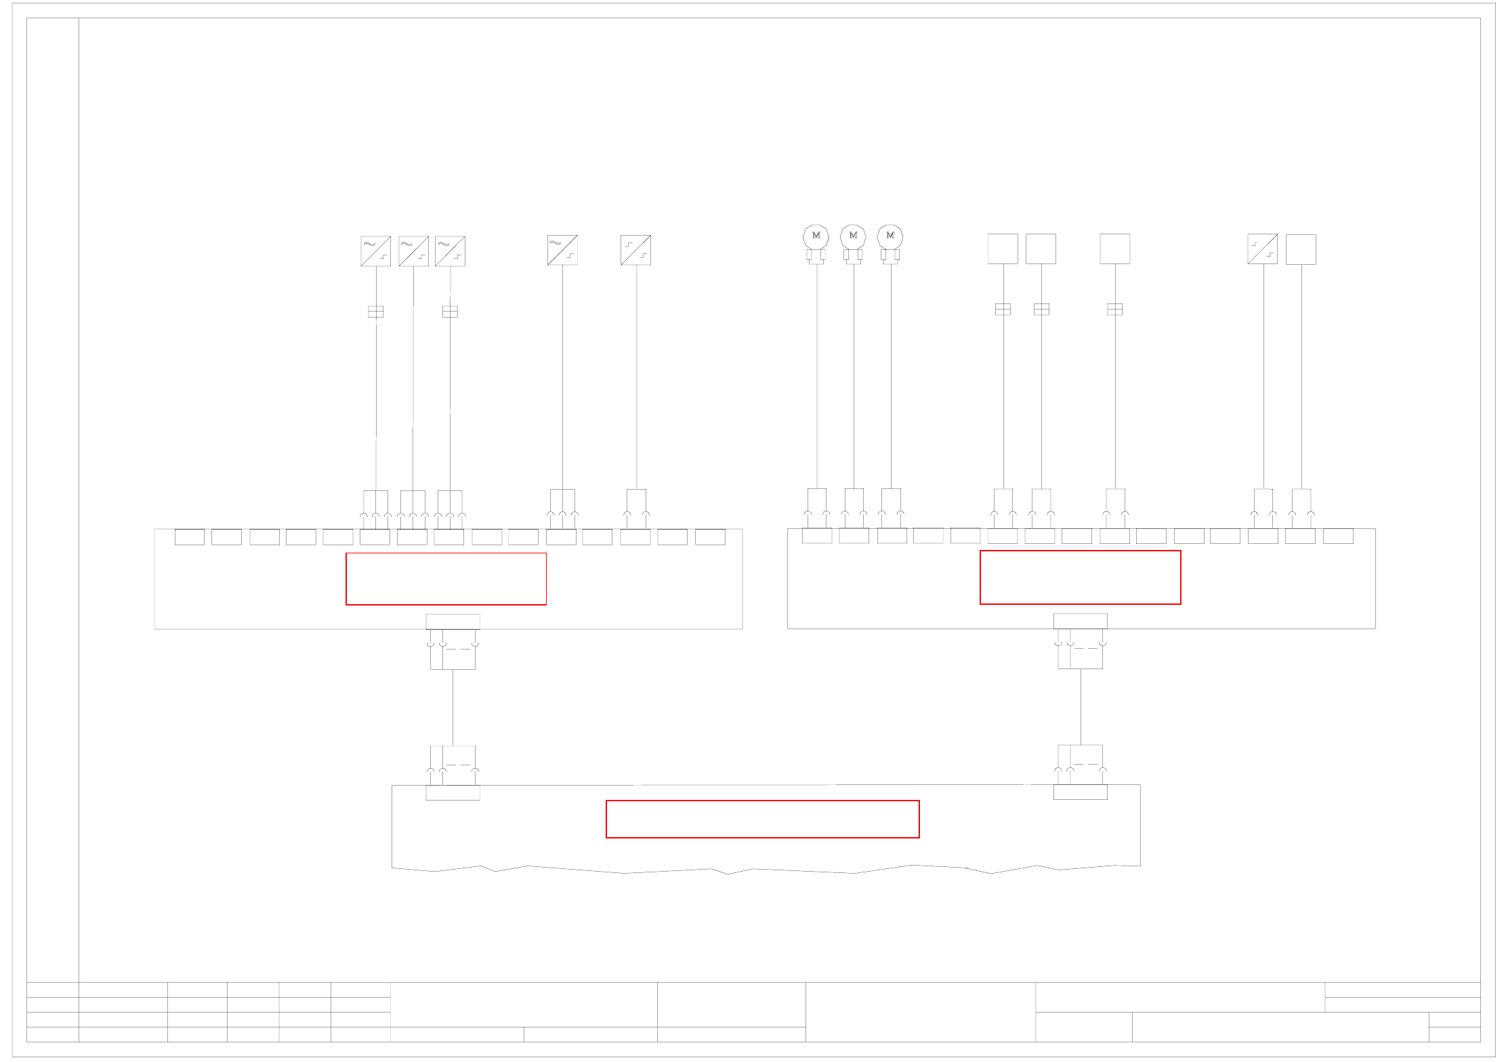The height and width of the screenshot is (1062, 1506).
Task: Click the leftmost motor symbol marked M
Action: [x=816, y=236]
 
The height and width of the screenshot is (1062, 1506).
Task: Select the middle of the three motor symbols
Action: [x=853, y=236]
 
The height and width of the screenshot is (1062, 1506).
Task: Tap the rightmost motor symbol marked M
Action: [x=890, y=236]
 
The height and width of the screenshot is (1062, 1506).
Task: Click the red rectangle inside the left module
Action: [x=446, y=579]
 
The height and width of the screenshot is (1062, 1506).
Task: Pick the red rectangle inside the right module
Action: [x=1080, y=577]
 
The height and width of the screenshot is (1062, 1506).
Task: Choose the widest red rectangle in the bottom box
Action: [x=762, y=819]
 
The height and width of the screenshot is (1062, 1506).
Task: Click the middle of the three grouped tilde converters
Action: [x=413, y=251]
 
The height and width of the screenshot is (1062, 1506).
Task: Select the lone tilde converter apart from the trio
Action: [x=562, y=250]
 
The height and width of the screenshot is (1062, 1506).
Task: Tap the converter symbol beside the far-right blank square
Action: [x=1263, y=249]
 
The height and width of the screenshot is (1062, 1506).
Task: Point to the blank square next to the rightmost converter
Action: [x=1301, y=249]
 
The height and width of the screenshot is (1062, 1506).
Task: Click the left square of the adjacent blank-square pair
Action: [x=1003, y=249]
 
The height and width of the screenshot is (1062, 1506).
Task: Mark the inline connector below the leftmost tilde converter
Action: [x=376, y=312]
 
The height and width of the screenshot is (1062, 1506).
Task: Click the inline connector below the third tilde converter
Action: [x=450, y=312]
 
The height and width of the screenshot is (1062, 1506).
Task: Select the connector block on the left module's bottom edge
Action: [x=453, y=622]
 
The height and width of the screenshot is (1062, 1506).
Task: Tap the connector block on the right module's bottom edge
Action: [x=1080, y=621]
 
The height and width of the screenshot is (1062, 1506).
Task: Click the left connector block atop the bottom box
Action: [x=453, y=792]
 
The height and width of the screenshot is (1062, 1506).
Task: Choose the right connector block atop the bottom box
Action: [x=1080, y=792]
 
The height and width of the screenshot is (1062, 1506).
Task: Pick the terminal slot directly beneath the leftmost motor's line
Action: [x=817, y=536]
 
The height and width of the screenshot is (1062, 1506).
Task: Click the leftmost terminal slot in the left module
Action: [x=190, y=537]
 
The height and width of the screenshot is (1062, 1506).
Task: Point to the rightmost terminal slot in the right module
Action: [x=1338, y=536]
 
